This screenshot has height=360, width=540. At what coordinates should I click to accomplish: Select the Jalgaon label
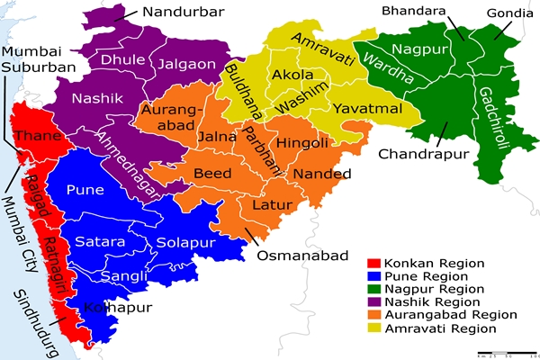pos(186,64)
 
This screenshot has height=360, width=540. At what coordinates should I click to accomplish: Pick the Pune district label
pos(85,191)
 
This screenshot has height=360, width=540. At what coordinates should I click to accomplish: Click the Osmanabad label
pos(302,256)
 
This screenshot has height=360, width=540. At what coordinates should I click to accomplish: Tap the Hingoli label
pos(302,142)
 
